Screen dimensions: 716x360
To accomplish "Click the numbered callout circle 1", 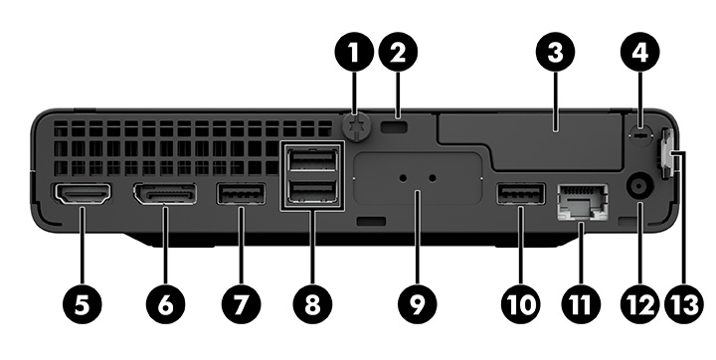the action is (354, 52).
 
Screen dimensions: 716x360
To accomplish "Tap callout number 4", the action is (640, 52).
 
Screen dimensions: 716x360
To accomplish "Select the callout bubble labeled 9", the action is (417, 303).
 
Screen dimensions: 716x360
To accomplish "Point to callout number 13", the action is (683, 303).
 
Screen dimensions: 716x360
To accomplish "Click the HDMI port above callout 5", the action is (83, 193).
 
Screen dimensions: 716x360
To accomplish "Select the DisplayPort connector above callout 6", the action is (165, 193).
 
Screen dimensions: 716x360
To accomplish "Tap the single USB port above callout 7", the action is (241, 193).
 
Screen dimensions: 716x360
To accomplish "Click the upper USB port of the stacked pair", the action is (312, 160).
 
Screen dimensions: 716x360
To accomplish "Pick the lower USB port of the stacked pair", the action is (312, 192).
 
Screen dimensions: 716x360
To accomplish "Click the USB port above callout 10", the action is (520, 193).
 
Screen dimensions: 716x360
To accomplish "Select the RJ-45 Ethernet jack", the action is (583, 203).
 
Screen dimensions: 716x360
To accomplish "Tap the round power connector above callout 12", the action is (639, 187).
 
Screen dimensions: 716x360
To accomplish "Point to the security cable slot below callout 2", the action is (397, 127).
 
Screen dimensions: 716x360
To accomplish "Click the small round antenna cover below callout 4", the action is (639, 135).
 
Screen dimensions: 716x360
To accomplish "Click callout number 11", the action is (580, 303).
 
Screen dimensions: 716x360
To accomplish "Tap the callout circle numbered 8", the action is (312, 303).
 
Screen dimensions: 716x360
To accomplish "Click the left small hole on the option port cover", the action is (403, 177).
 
